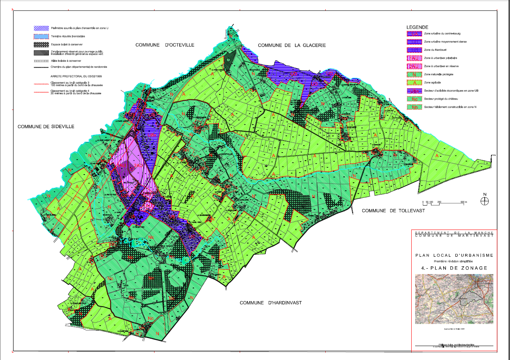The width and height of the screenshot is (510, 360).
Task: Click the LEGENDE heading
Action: click(417, 27)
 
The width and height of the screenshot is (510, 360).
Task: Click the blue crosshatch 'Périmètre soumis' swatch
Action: click(41, 28)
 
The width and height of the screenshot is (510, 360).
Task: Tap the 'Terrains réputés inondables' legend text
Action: click(68, 36)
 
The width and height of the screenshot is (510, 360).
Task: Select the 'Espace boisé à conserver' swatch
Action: click(41, 45)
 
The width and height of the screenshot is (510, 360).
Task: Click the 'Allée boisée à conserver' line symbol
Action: click(41, 61)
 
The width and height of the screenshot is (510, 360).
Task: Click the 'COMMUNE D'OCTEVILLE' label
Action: click(165, 45)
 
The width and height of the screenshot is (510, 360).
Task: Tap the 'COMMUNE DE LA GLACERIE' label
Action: click(292, 45)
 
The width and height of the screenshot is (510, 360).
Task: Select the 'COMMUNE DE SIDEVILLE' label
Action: click(46, 127)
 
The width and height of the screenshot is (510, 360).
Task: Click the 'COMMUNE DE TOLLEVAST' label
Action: click(393, 211)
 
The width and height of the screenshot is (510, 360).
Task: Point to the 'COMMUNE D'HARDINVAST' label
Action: click(270, 303)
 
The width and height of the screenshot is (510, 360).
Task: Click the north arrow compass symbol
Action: click(484, 201)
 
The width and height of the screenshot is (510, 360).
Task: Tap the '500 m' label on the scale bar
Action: click(464, 202)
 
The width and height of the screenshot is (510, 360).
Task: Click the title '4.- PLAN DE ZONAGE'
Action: click(454, 268)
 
